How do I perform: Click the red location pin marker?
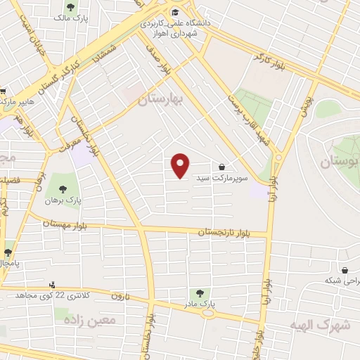click(x=181, y=166)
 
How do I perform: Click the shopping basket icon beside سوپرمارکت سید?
click(x=222, y=167)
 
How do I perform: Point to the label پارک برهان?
click(x=64, y=201)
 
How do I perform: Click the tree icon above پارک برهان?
click(x=63, y=188)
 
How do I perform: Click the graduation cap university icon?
click(x=174, y=12)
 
